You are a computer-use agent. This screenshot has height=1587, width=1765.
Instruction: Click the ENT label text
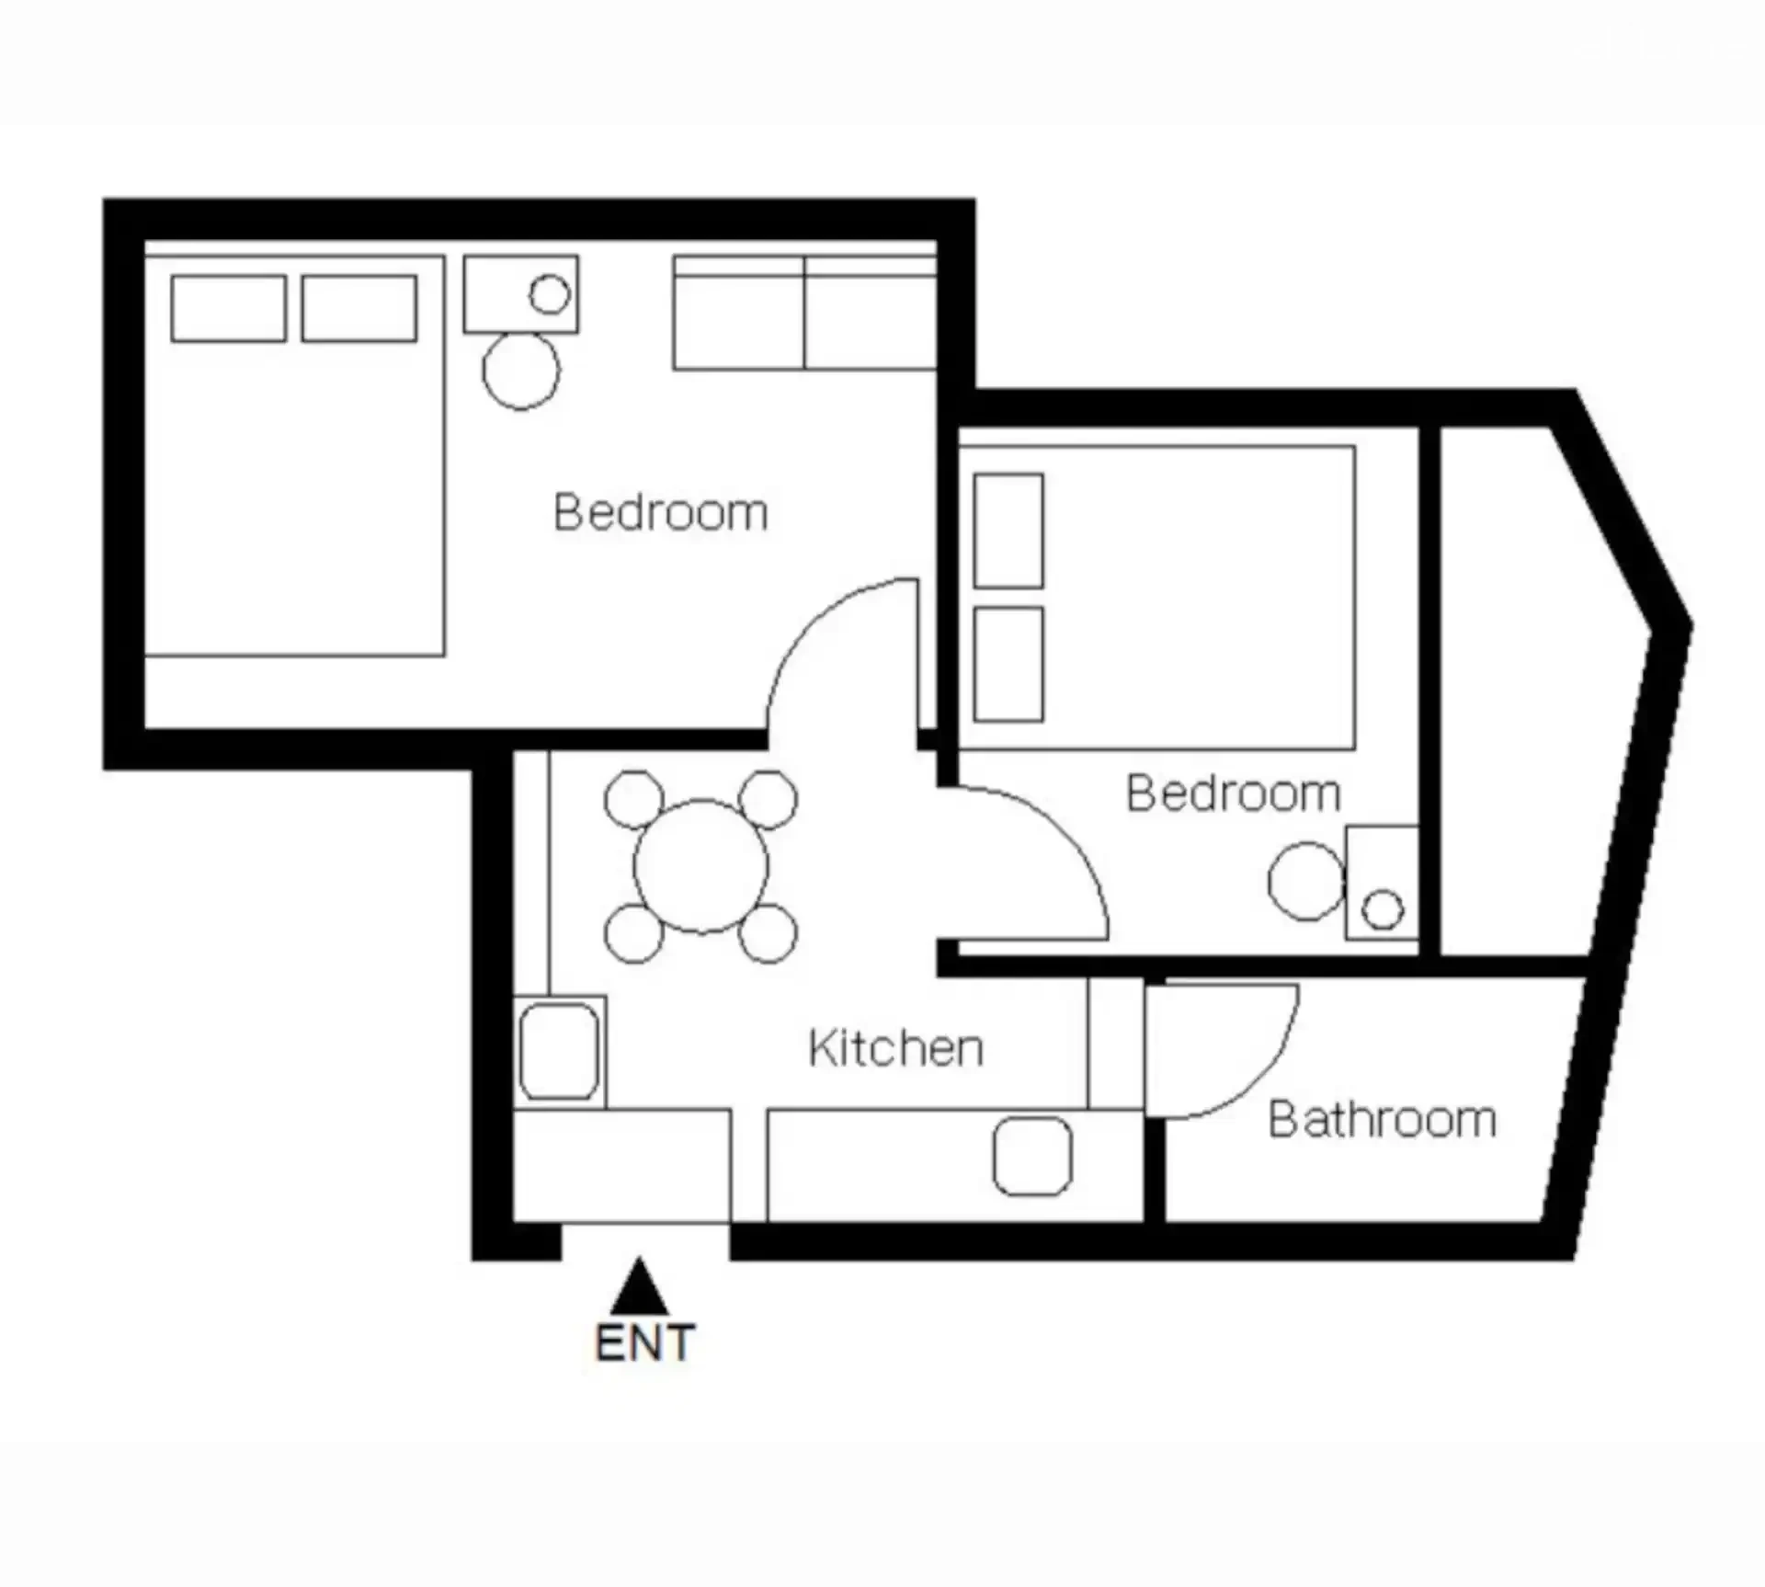[x=644, y=1343]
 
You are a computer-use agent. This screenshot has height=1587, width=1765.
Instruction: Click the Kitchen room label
[x=895, y=1047]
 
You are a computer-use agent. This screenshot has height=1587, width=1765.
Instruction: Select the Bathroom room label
[x=1383, y=1119]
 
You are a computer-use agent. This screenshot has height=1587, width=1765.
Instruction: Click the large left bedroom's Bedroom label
[x=660, y=512]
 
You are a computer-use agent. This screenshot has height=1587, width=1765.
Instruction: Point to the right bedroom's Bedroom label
[x=1234, y=793]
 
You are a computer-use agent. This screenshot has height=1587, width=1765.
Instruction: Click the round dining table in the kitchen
[x=700, y=866]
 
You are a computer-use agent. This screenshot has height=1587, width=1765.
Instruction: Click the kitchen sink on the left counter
[x=559, y=1051]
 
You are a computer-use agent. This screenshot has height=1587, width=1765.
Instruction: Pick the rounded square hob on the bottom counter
[x=1032, y=1156]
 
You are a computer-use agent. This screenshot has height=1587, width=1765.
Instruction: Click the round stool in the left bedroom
[x=521, y=371]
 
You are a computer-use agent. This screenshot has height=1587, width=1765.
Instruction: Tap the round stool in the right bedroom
[x=1306, y=881]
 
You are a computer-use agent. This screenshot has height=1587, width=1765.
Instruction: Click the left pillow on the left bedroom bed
[x=228, y=309]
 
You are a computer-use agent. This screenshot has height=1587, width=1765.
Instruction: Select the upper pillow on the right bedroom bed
[x=1008, y=531]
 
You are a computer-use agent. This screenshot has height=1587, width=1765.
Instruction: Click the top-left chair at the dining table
[x=633, y=799]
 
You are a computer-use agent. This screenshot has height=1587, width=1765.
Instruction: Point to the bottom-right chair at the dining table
[x=768, y=933]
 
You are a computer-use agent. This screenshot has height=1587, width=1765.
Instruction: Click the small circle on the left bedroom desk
[x=550, y=294]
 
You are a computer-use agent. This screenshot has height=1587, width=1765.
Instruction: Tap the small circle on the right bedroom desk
[x=1383, y=909]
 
